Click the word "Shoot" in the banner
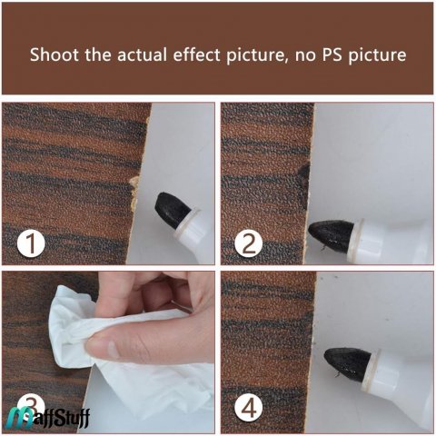(54, 54)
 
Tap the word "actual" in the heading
(142, 54)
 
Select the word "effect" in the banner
(197, 54)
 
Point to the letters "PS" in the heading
(332, 54)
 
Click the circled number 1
(31, 243)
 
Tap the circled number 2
(249, 243)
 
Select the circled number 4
(250, 409)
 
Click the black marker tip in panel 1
(171, 210)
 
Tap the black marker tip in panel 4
(347, 363)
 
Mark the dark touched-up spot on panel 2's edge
(303, 184)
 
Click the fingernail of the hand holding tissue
(112, 349)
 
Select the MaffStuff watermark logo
(49, 418)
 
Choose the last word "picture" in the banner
(377, 55)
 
